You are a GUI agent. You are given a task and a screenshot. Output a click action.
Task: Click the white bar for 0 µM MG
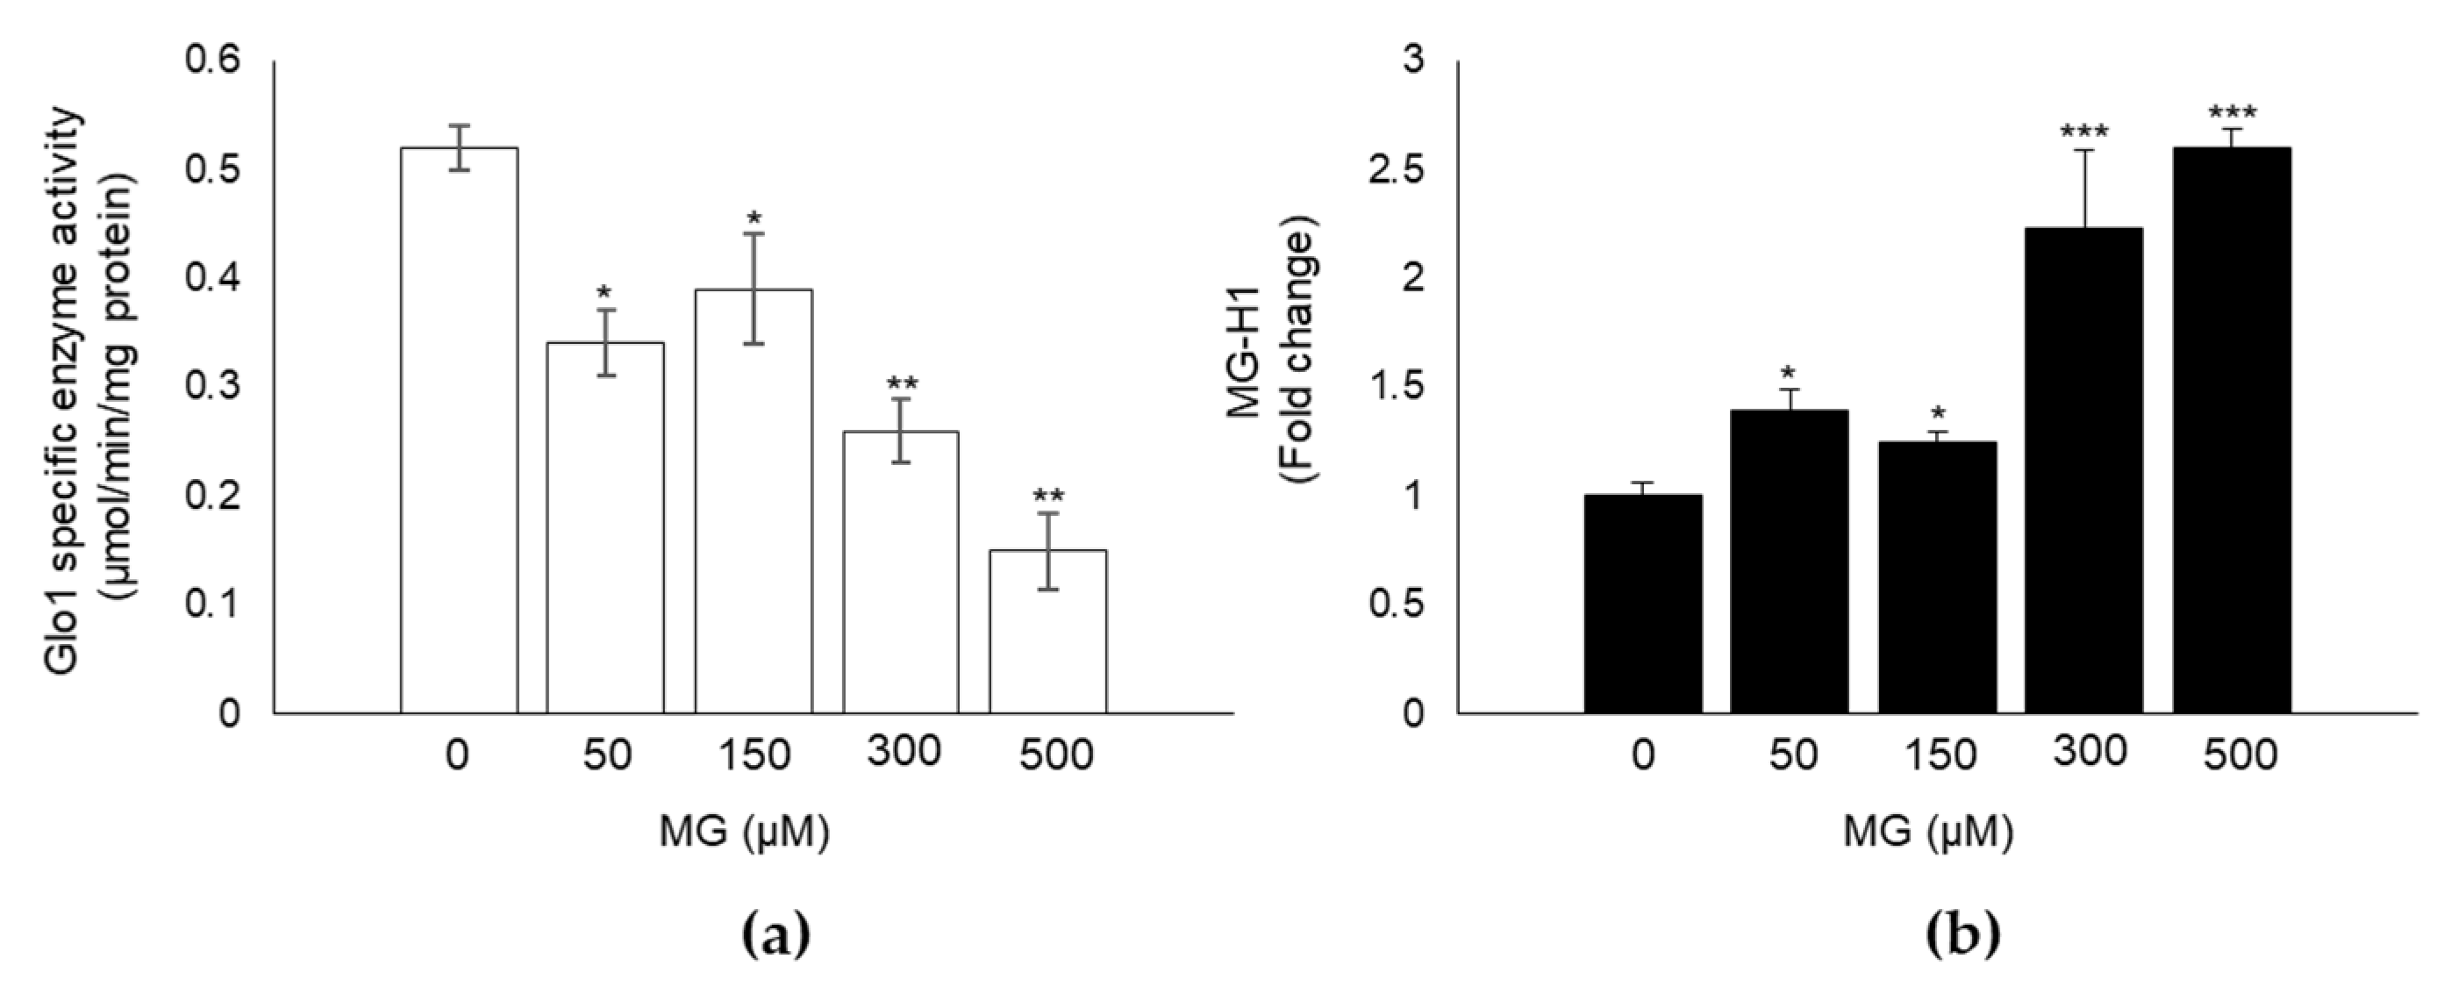point(459,428)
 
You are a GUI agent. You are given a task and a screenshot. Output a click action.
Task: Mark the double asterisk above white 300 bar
point(902,384)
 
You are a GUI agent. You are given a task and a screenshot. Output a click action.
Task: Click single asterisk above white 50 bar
point(604,291)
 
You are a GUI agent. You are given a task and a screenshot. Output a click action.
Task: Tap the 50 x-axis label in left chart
point(604,756)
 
